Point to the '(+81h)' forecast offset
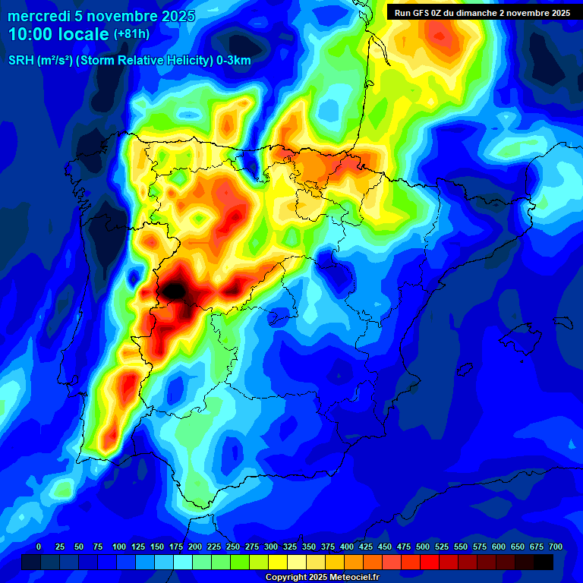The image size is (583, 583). pyautogui.click(x=131, y=34)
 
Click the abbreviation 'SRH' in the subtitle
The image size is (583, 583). pyautogui.click(x=20, y=60)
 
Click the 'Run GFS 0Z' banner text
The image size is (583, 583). pyautogui.click(x=421, y=12)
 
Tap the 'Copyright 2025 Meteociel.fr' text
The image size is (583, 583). pyautogui.click(x=322, y=578)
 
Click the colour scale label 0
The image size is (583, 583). pyautogui.click(x=39, y=547)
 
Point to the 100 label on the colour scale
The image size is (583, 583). pyautogui.click(x=119, y=547)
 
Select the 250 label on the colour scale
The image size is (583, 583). pyautogui.click(x=233, y=547)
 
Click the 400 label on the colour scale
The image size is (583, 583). pyautogui.click(x=347, y=547)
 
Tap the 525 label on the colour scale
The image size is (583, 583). pyautogui.click(x=442, y=547)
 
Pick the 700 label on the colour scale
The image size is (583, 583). pyautogui.click(x=556, y=547)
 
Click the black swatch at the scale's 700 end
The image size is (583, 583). pyautogui.click(x=544, y=562)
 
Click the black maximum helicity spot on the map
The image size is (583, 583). pyautogui.click(x=174, y=289)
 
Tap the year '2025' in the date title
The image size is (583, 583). pyautogui.click(x=173, y=16)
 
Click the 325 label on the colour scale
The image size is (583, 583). pyautogui.click(x=290, y=547)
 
